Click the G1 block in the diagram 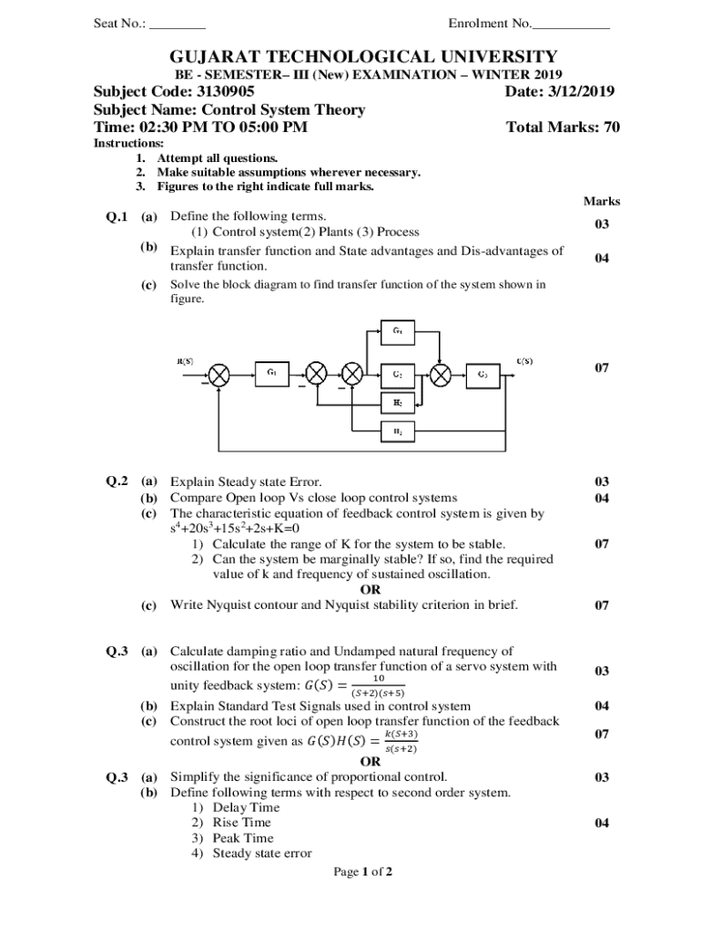click(x=272, y=373)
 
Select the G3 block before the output click(x=483, y=373)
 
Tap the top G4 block click(x=399, y=331)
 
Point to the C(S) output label click(x=524, y=361)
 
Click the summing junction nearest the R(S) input click(x=218, y=374)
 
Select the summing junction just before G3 click(x=441, y=374)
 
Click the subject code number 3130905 click(x=218, y=92)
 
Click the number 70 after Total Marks click(x=611, y=127)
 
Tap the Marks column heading click(x=602, y=201)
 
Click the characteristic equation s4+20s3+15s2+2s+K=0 click(x=235, y=529)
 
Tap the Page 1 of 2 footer click(x=362, y=872)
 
